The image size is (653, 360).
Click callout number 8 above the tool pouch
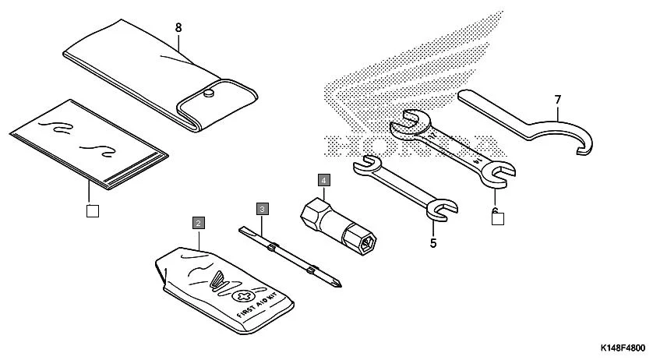178,27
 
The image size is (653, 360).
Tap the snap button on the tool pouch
209,94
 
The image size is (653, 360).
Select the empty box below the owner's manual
93,209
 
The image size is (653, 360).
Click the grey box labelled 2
199,223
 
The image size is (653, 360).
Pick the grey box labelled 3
263,208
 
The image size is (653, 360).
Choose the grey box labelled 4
323,179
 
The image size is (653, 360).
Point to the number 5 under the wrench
433,242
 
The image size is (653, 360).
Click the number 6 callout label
495,210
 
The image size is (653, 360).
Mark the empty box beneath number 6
497,219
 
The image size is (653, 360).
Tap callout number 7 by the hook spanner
558,100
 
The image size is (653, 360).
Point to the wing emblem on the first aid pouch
221,279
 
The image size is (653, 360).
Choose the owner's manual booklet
86,144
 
